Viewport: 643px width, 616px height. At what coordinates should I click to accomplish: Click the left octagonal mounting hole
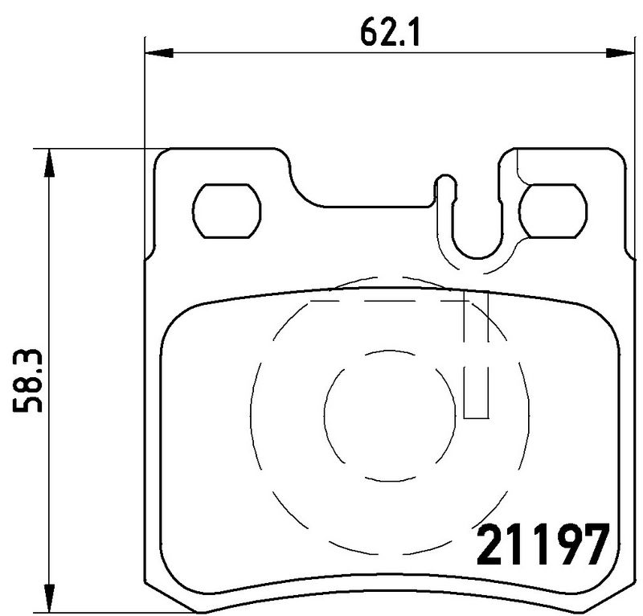(228, 211)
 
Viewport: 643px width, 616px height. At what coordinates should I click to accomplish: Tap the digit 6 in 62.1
(367, 33)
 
